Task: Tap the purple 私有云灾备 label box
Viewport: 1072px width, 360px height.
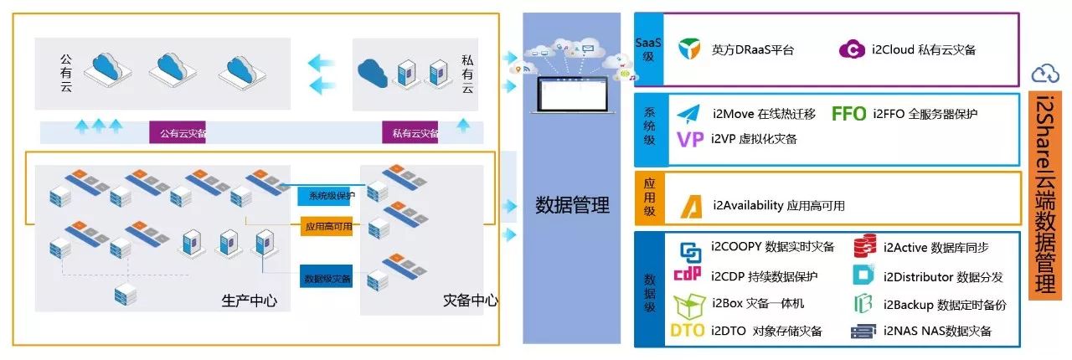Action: pos(411,132)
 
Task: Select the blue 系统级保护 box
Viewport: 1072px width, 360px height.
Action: pos(326,196)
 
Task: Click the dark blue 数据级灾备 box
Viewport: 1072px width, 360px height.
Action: pos(327,277)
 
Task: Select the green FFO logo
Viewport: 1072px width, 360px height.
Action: pos(848,114)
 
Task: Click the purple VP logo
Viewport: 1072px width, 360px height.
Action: pos(689,140)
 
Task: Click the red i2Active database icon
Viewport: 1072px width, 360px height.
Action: pos(864,247)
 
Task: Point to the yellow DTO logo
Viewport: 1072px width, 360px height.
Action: pos(687,331)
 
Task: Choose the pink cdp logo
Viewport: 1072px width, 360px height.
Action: pos(688,275)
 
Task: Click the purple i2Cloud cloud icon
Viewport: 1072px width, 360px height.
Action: pos(851,49)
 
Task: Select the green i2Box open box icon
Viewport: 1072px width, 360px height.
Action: pos(688,303)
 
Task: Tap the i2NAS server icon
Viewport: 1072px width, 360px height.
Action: pos(863,332)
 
